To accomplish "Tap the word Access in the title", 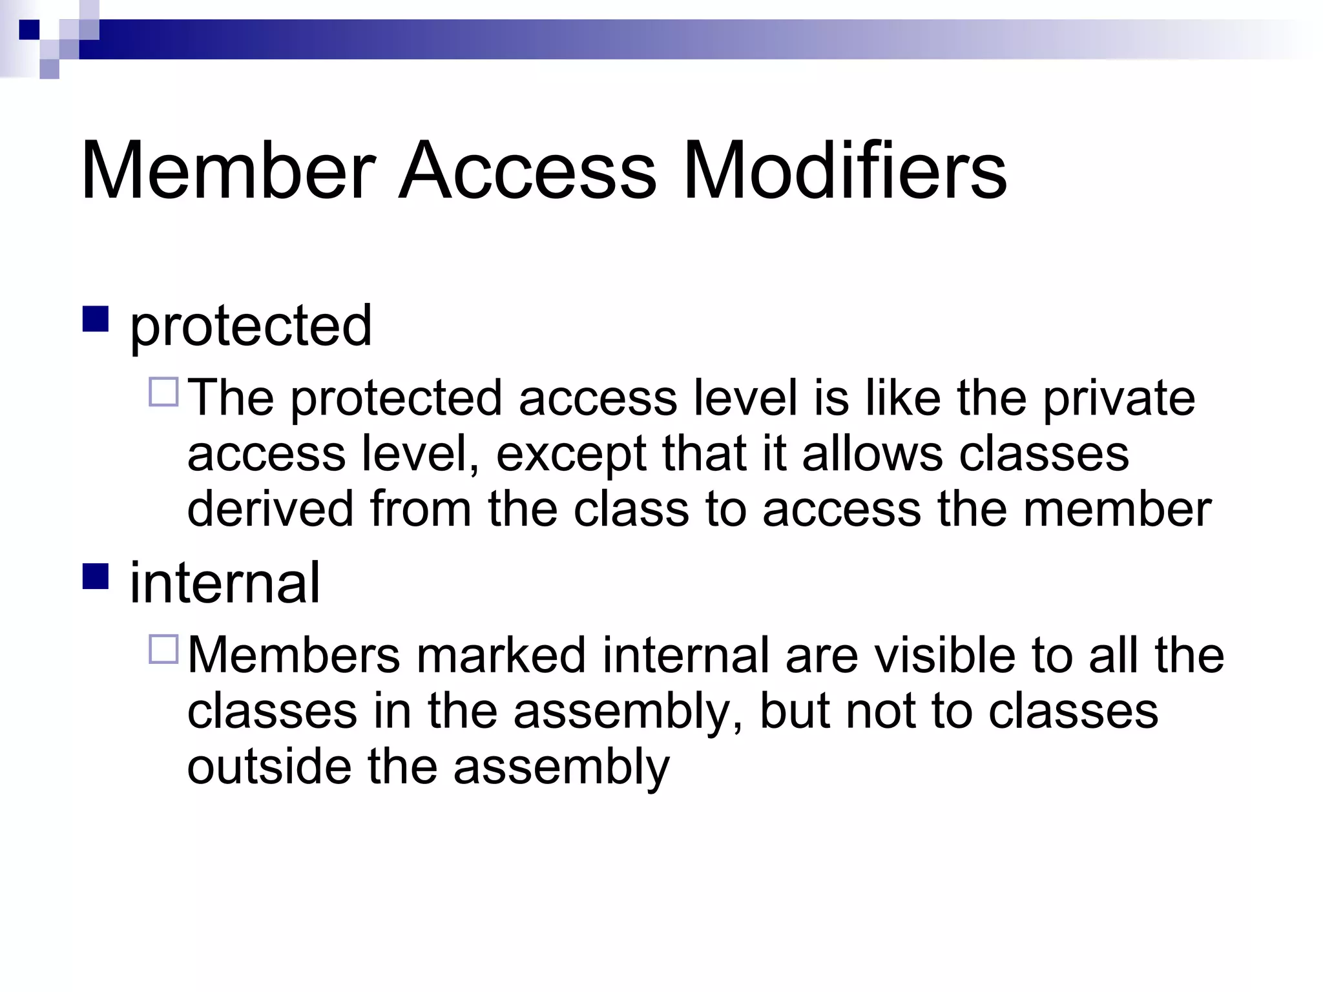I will pyautogui.click(x=527, y=170).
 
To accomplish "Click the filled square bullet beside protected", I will pyautogui.click(x=95, y=319).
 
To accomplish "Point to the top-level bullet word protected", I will pyautogui.click(x=251, y=326).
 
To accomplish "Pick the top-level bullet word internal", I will pyautogui.click(x=225, y=583).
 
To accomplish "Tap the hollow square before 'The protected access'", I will pyautogui.click(x=163, y=391).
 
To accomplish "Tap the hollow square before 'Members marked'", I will pyautogui.click(x=163, y=649).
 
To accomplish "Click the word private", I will pyautogui.click(x=1119, y=398).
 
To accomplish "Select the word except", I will pyautogui.click(x=571, y=454).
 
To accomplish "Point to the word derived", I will pyautogui.click(x=270, y=509).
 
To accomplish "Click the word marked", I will pyautogui.click(x=501, y=656).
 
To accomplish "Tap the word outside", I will pyautogui.click(x=269, y=767).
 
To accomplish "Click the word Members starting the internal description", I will pyautogui.click(x=294, y=656).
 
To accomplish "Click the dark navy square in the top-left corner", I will pyautogui.click(x=29, y=30).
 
